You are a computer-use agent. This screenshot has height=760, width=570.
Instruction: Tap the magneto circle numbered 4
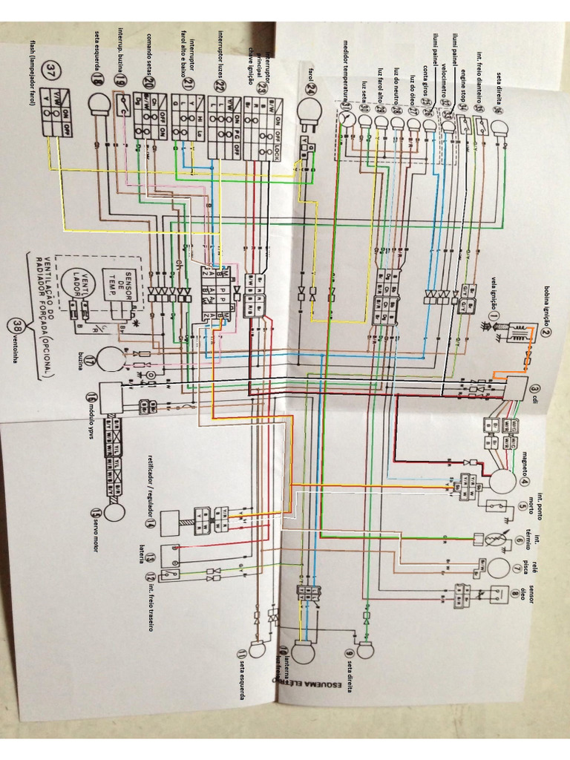(x=502, y=480)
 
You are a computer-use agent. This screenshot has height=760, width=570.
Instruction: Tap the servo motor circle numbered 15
(x=114, y=512)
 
